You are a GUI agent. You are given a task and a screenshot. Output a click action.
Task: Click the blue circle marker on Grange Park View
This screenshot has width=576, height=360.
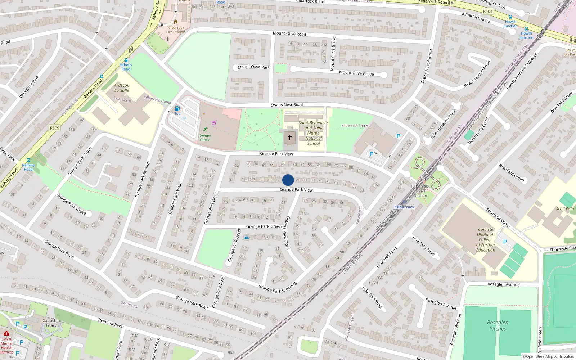pos(288,180)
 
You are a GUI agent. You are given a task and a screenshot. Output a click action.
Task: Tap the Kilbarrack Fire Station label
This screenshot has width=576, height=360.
pos(176,30)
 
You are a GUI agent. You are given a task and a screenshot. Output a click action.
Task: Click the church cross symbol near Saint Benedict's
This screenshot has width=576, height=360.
pos(290,138)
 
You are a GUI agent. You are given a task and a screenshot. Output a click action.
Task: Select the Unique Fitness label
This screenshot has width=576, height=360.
pos(205,138)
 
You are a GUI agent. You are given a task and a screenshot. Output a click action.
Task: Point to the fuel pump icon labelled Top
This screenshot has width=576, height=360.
pos(177,109)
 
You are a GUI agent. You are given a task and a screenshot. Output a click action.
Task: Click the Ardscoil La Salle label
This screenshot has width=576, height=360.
pos(122,88)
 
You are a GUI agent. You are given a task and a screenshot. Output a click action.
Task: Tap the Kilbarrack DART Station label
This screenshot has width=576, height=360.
pos(420,191)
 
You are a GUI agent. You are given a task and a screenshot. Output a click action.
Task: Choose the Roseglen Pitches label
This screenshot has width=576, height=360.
pos(498,325)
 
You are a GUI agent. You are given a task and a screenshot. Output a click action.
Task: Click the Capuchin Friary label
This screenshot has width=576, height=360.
pos(51,323)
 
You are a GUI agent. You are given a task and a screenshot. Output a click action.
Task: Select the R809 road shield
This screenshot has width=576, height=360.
pos(55,128)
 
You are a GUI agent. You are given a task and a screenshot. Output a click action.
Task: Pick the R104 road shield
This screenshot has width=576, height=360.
pos(488,12)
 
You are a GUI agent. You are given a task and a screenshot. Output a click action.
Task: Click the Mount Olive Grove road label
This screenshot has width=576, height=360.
pos(356,73)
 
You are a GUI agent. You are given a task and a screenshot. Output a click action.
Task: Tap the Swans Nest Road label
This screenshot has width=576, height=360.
pos(287,105)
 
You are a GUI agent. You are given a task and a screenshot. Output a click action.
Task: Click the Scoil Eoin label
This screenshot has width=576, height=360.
pos(564,209)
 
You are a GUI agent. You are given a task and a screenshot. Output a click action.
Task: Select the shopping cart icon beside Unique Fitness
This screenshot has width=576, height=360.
pos(214,123)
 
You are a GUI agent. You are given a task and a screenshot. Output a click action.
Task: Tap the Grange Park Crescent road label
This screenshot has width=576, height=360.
pos(278,287)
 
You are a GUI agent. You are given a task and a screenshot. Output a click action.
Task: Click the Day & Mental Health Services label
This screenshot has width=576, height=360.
pos(6,345)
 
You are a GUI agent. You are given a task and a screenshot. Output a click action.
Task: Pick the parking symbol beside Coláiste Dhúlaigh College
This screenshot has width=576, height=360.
pos(505,242)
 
